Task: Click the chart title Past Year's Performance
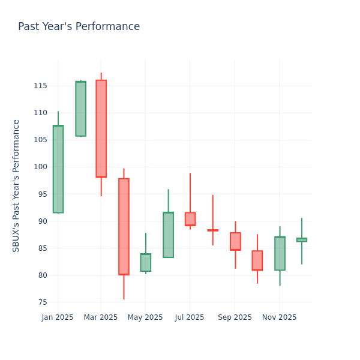pyautogui.click(x=79, y=27)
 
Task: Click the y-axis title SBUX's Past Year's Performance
pyautogui.click(x=16, y=185)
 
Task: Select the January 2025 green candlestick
pyautogui.click(x=58, y=169)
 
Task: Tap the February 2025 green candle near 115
pyautogui.click(x=80, y=109)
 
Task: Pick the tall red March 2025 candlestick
pyautogui.click(x=101, y=128)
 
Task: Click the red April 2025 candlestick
pyautogui.click(x=124, y=226)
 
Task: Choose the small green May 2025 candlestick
pyautogui.click(x=146, y=262)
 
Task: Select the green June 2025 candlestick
pyautogui.click(x=168, y=235)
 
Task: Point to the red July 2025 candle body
pyautogui.click(x=190, y=219)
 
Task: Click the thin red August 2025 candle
pyautogui.click(x=212, y=230)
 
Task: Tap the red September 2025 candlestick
pyautogui.click(x=235, y=241)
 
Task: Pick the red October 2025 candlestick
pyautogui.click(x=257, y=260)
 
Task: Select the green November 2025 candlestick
pyautogui.click(x=280, y=253)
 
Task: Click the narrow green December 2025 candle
pyautogui.click(x=302, y=240)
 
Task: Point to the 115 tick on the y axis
pyautogui.click(x=40, y=86)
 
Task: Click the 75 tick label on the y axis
pyautogui.click(x=43, y=302)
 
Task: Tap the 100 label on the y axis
pyautogui.click(x=40, y=167)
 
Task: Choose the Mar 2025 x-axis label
pyautogui.click(x=101, y=317)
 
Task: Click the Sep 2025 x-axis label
pyautogui.click(x=235, y=317)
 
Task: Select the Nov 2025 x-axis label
pyautogui.click(x=279, y=317)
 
